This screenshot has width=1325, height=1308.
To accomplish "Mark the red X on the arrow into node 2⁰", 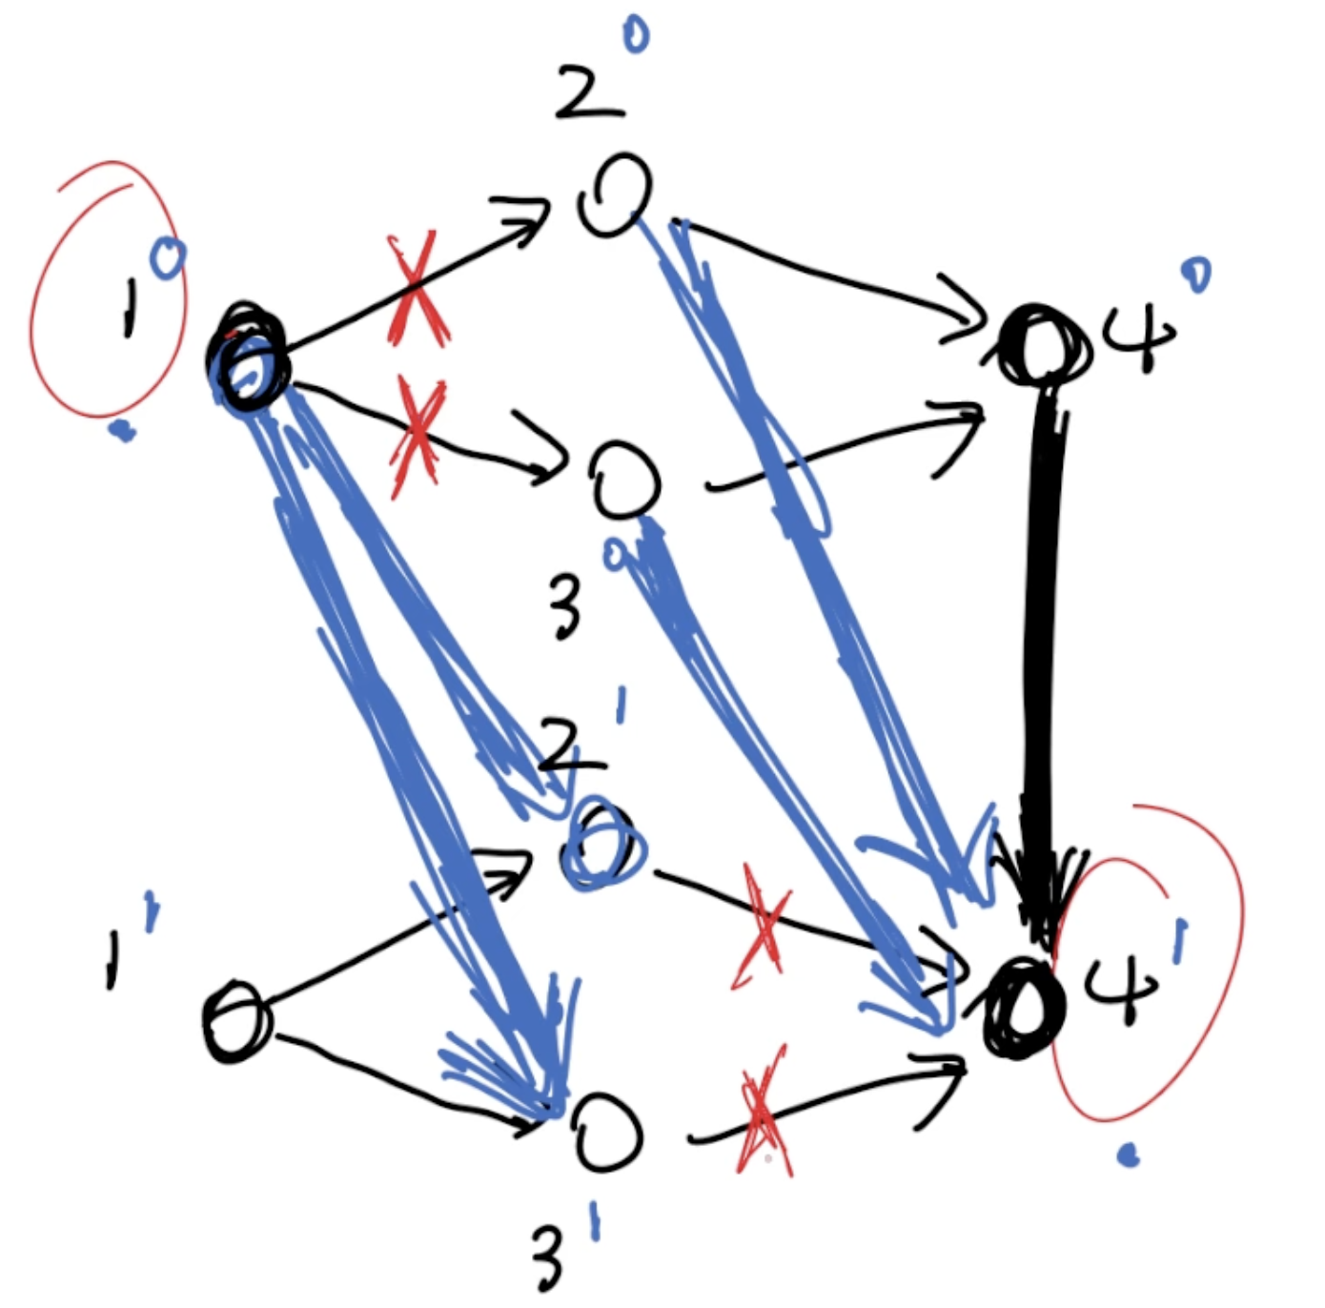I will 416,289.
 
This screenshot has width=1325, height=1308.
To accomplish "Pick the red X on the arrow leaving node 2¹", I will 763,925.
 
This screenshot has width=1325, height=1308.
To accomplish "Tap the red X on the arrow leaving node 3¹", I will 763,1111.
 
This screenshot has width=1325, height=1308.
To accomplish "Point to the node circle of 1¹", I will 236,1022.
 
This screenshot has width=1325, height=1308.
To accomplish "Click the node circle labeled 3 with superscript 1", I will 608,1133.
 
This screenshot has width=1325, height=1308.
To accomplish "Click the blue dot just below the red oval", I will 121,434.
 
